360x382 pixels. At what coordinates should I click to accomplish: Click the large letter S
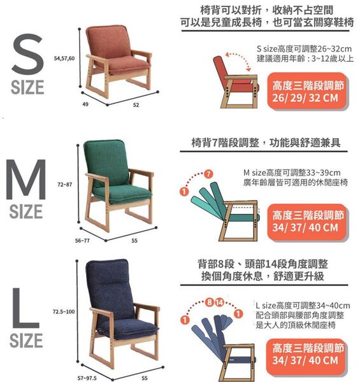tap(27, 54)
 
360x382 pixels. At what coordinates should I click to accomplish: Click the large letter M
tap(26, 180)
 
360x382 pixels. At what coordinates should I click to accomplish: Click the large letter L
tap(25, 309)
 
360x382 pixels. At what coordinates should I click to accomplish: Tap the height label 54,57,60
tap(64, 58)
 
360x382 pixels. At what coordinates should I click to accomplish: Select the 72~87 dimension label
tap(64, 185)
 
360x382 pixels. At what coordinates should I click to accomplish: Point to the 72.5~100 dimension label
tap(64, 311)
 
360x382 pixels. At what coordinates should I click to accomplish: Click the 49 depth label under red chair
tap(85, 104)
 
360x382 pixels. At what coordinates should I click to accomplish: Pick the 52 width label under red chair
tap(136, 105)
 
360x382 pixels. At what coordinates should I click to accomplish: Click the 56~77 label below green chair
tap(82, 241)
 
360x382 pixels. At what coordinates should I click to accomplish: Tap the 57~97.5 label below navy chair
tap(87, 378)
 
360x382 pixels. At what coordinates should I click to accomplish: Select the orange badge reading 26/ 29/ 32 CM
tap(308, 91)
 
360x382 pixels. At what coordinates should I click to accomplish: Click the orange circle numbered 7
tap(208, 174)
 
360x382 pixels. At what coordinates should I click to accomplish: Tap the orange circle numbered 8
tap(210, 302)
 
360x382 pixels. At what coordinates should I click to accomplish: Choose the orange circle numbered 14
tap(219, 302)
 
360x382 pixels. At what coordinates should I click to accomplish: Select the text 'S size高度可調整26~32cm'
tap(304, 49)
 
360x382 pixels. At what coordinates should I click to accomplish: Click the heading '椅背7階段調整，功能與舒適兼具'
tap(266, 143)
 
